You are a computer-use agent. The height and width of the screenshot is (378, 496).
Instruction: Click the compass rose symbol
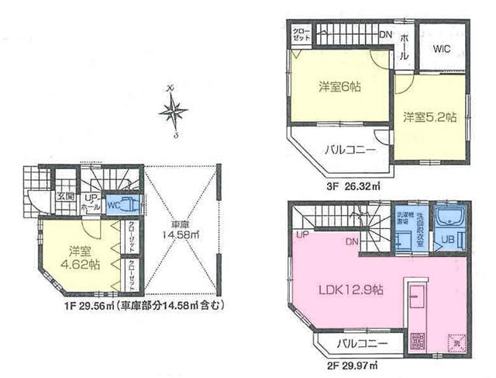coord(173,112)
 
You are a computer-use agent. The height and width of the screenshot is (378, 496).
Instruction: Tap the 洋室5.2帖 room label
coord(429,117)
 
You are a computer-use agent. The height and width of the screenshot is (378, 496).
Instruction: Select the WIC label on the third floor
coord(442,48)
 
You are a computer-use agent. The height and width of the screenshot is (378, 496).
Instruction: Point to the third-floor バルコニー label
coord(350,150)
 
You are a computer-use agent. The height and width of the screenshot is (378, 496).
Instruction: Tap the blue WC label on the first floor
coord(112,206)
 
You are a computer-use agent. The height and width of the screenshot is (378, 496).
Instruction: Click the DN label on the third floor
coord(386,34)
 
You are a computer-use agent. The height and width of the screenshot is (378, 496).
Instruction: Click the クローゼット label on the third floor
coord(301,33)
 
